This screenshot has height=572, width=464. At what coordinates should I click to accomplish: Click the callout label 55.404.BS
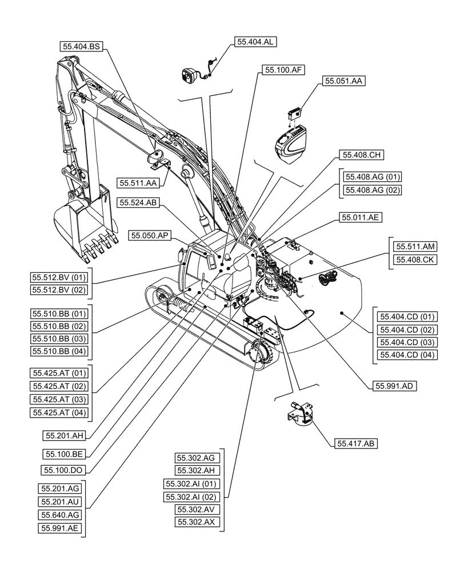point(81,46)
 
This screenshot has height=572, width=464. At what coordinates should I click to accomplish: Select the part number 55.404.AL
point(255,42)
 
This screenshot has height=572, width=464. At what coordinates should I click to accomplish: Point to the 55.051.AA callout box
point(343,82)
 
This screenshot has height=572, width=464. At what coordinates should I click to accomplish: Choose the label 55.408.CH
point(362,154)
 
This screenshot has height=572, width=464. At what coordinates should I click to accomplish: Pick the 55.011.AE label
point(362,217)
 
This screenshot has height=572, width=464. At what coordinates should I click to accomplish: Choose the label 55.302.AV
point(195,509)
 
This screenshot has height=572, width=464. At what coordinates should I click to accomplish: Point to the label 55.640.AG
point(60,515)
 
